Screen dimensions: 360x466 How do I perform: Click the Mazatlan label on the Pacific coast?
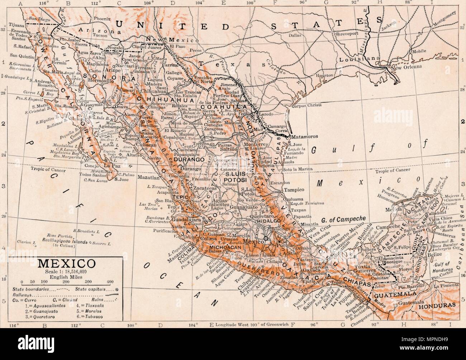pyautogui.click(x=144, y=177)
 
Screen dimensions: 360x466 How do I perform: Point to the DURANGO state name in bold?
pyautogui.click(x=189, y=158)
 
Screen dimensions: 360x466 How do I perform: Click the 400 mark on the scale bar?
pyautogui.click(x=110, y=281)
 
